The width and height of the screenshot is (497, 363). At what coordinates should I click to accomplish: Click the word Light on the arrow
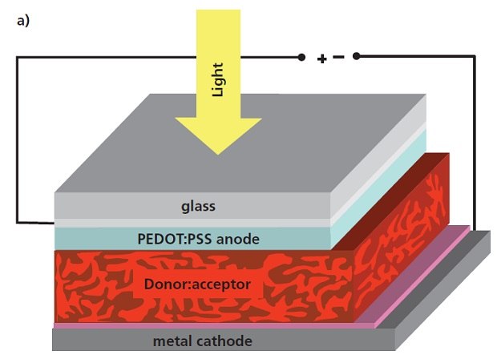coord(217,79)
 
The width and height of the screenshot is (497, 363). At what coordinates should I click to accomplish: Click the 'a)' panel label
coord(22,21)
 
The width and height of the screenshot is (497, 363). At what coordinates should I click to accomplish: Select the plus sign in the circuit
coord(322,58)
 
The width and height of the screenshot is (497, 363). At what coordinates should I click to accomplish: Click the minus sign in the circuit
coord(338,58)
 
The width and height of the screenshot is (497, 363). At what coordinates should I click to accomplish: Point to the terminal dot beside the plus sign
coord(301,57)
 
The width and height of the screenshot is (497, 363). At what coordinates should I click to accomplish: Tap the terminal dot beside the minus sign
coord(357,56)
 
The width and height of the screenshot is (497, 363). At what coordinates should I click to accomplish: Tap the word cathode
coord(227,341)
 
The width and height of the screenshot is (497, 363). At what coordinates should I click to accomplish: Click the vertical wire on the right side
coord(475,144)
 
